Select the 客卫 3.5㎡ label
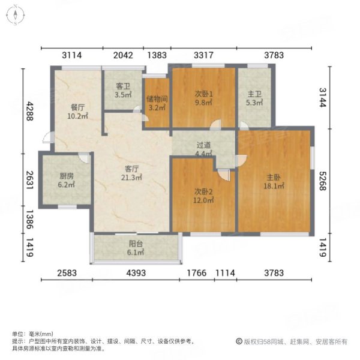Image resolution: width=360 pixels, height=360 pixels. click(123, 91)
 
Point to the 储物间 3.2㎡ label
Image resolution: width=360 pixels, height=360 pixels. click(157, 104)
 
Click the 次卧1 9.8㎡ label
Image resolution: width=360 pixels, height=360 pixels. click(204, 98)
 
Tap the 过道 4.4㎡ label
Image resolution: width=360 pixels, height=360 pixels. click(204, 149)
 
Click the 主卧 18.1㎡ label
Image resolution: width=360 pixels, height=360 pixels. click(274, 181)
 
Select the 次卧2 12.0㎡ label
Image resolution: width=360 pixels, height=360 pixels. click(204, 195)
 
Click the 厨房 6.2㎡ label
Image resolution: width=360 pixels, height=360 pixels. click(67, 181)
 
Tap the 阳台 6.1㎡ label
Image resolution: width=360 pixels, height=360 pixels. click(136, 248)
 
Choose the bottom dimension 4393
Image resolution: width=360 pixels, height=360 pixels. click(136, 274)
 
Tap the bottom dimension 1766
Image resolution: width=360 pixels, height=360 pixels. click(194, 274)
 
